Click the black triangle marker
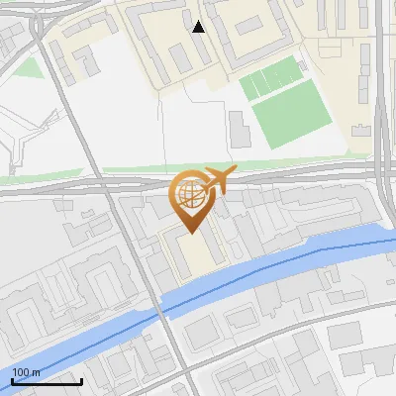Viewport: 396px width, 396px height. tap(199, 27)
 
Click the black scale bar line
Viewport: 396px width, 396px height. tap(47, 382)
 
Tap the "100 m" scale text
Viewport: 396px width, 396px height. tap(26, 372)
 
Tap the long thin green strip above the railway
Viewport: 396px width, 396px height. tap(247, 163)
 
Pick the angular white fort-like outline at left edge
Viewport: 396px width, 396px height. tap(15, 139)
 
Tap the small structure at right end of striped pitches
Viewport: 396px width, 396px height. tap(302, 65)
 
